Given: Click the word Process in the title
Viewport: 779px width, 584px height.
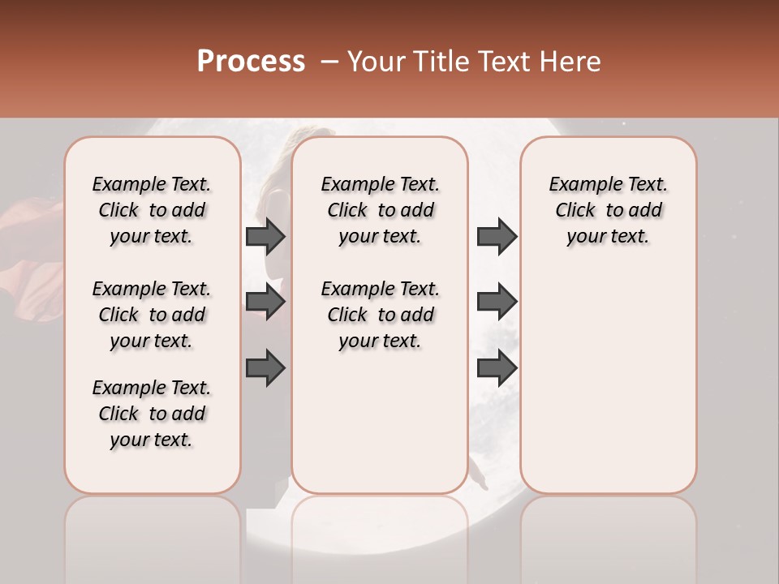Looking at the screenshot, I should pos(251,62).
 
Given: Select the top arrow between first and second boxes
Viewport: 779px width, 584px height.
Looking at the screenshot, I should pos(265,236).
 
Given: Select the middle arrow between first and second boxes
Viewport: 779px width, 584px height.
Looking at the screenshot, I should pos(265,302).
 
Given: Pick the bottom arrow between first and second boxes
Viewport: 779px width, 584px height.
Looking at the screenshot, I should pos(265,368).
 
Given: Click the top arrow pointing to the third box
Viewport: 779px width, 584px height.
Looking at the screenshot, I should pos(497,236).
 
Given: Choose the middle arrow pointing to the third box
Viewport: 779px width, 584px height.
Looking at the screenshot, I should pos(497,302).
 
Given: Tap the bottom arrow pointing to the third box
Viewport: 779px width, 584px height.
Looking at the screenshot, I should pos(497,368).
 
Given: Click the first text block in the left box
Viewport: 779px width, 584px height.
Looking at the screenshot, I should pos(152,210).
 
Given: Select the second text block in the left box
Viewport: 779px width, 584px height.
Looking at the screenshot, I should pos(152,315).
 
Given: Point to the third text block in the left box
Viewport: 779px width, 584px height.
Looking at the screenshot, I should pos(152,414).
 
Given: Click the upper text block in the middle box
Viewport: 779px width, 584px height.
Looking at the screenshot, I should pos(380,210).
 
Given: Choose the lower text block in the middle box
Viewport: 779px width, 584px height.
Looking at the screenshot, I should pos(380,315).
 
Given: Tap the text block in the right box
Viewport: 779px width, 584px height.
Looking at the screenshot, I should pos(608,210).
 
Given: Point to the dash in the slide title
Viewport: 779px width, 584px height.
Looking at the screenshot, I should pos(329,62).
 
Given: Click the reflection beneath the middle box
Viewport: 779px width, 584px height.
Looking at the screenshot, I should pos(380,535).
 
